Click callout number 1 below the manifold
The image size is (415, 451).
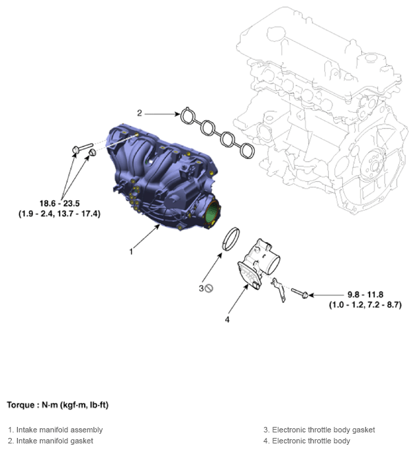click(131, 252)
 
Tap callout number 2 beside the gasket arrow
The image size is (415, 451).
click(140, 113)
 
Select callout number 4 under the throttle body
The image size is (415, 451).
click(227, 319)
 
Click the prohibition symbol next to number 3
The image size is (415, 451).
click(209, 288)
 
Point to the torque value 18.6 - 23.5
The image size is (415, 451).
click(59, 203)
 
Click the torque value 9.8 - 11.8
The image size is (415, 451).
click(365, 295)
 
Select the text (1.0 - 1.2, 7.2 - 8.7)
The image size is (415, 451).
click(365, 304)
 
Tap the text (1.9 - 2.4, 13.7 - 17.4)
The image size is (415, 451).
click(59, 213)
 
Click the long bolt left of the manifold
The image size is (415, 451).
click(83, 148)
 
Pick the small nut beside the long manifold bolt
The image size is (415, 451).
click(92, 152)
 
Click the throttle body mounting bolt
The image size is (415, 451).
click(300, 293)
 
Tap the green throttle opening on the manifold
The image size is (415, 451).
click(213, 213)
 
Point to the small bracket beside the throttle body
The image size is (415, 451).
click(279, 290)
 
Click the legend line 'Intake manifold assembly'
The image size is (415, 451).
click(56, 430)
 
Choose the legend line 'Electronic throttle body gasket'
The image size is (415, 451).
click(319, 430)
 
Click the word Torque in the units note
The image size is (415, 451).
click(21, 405)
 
